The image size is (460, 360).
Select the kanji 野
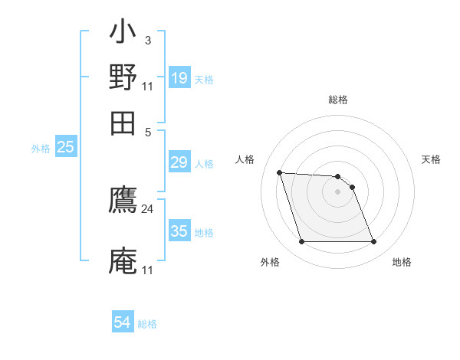point(123,77)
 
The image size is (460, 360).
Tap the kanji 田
point(123,123)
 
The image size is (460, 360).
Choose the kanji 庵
point(123,261)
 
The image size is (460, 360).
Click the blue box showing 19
point(179,78)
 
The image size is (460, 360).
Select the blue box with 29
point(179,162)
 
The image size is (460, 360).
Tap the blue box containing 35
point(179,231)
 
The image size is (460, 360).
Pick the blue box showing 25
point(66,147)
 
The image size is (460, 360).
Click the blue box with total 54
point(123,323)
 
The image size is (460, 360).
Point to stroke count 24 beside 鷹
point(147,208)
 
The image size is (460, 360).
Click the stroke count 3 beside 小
point(147,40)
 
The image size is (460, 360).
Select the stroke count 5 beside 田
point(147,131)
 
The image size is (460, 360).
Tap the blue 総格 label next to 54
point(147,324)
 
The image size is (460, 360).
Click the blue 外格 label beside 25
point(41,149)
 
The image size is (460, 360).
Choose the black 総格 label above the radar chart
point(337,100)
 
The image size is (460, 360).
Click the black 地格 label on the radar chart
point(402,262)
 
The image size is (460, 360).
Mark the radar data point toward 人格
point(280,172)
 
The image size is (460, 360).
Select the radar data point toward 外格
point(301,242)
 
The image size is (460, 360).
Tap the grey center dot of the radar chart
point(337,191)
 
